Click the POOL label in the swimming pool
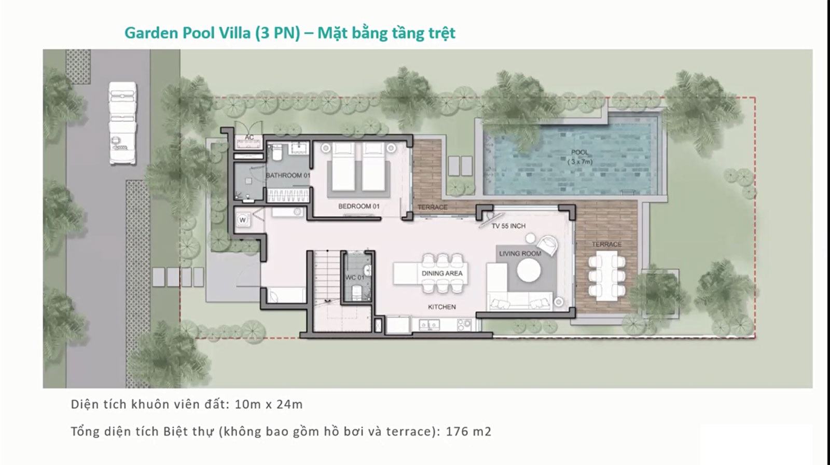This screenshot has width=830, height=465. pos(579,153)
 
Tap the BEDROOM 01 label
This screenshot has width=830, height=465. pos(358,206)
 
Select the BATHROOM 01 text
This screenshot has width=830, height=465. pos(288,175)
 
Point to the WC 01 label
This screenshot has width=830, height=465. pos(355,277)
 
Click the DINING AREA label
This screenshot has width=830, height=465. pos(442,273)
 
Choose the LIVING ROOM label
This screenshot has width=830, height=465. pos(520,254)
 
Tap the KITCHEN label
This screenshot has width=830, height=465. pos(441,307)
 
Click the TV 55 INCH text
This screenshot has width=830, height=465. pos(508,226)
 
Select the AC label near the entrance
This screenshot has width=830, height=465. pos(249,137)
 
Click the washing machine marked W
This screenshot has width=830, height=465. pos(243,220)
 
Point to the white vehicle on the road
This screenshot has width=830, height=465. pos(122,123)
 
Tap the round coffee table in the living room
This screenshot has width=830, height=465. pos(529,270)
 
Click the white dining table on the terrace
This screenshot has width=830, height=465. pos(606,276)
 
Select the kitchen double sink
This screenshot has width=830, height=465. pos(429,325)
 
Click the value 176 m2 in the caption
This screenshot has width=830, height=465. pos(468,431)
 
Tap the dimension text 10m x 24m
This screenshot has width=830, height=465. pos(269,404)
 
